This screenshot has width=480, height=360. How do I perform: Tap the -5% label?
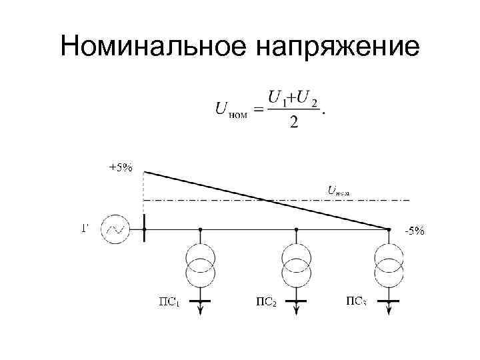414,231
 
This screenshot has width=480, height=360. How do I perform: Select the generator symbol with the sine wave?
115,229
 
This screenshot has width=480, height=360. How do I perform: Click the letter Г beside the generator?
85,229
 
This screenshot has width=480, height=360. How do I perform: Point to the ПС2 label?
266,301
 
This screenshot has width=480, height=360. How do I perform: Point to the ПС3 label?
356,301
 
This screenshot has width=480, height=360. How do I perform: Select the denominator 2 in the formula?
293,122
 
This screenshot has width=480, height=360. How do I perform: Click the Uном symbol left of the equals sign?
231,109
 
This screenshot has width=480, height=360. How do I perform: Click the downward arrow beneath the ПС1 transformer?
200,309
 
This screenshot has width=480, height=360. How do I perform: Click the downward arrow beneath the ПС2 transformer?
296,309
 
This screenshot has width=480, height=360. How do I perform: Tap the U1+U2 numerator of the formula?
293,97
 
